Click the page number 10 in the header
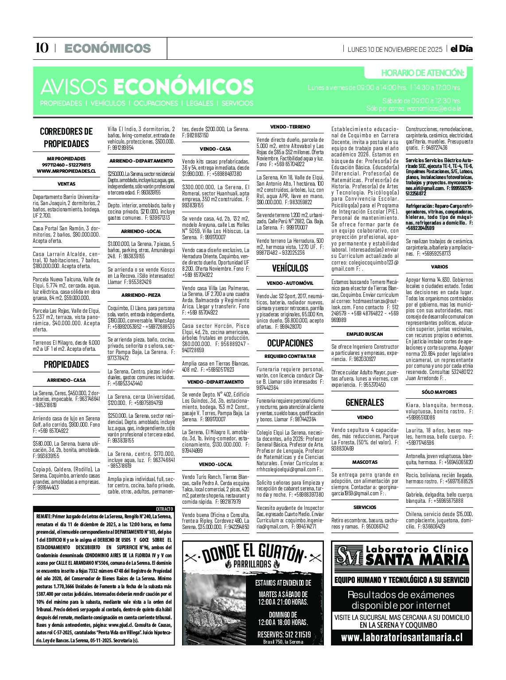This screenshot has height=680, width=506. click(42, 48)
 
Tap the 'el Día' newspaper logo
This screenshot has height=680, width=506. click(461, 49)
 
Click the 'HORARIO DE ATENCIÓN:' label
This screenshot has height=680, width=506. click(422, 73)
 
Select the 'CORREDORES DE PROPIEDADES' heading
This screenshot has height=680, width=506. click(66, 137)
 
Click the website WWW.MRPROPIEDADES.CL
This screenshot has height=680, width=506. click(66, 171)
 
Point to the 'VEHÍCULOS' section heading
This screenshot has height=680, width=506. click(290, 268)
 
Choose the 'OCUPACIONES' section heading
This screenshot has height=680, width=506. click(290, 343)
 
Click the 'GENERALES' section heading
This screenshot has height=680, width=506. click(365, 402)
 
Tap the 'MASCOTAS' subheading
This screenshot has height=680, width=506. click(365, 462)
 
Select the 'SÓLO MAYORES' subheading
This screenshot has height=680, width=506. click(439, 392)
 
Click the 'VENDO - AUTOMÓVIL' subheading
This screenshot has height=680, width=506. click(290, 283)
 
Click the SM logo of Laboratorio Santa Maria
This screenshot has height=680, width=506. click(349, 556)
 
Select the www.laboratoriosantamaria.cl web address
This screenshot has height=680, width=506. click(401, 637)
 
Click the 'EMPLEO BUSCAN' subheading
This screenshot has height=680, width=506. click(365, 334)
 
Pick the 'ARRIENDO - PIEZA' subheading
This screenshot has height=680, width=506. click(141, 295)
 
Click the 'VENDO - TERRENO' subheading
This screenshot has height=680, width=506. click(290, 127)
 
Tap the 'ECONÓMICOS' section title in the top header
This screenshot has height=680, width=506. click(108, 48)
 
